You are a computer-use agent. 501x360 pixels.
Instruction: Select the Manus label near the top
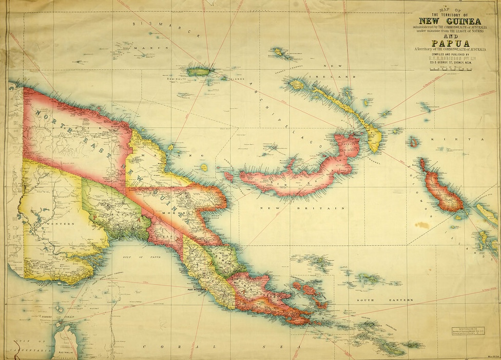click(x=144, y=48)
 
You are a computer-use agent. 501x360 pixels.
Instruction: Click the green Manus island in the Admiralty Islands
click(x=199, y=72)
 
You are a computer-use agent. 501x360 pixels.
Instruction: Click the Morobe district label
click(x=169, y=212)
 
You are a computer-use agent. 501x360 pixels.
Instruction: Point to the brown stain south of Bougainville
click(x=422, y=225)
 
